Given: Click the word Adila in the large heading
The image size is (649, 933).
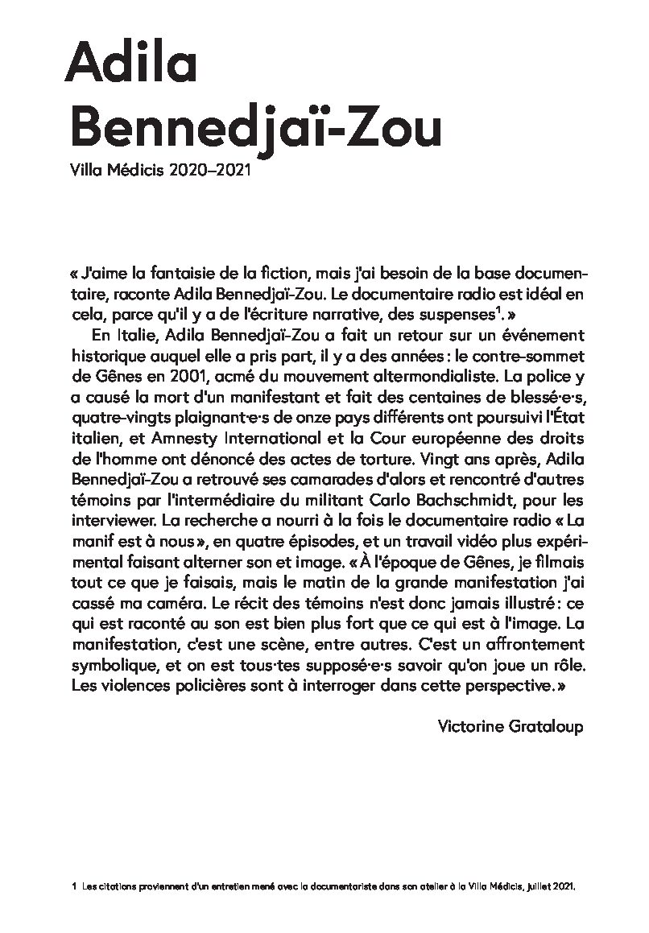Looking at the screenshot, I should point(130,62).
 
